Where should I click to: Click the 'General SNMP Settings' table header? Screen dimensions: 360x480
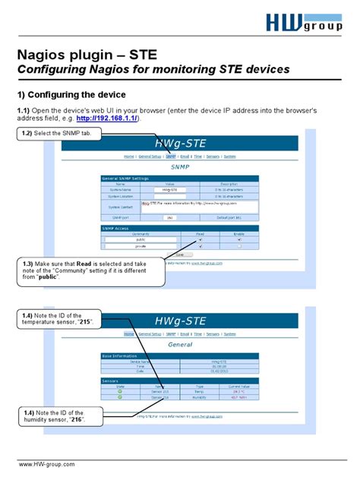pyautogui.click(x=125, y=178)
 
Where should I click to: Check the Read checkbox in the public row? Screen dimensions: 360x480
pyautogui.click(x=200, y=240)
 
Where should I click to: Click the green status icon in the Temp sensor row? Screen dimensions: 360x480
pyautogui.click(x=119, y=391)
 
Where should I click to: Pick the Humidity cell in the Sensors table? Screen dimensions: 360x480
pyautogui.click(x=200, y=397)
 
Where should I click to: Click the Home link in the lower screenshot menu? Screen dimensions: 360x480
pyautogui.click(x=129, y=333)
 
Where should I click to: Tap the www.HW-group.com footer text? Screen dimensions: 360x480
pyautogui.click(x=47, y=464)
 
